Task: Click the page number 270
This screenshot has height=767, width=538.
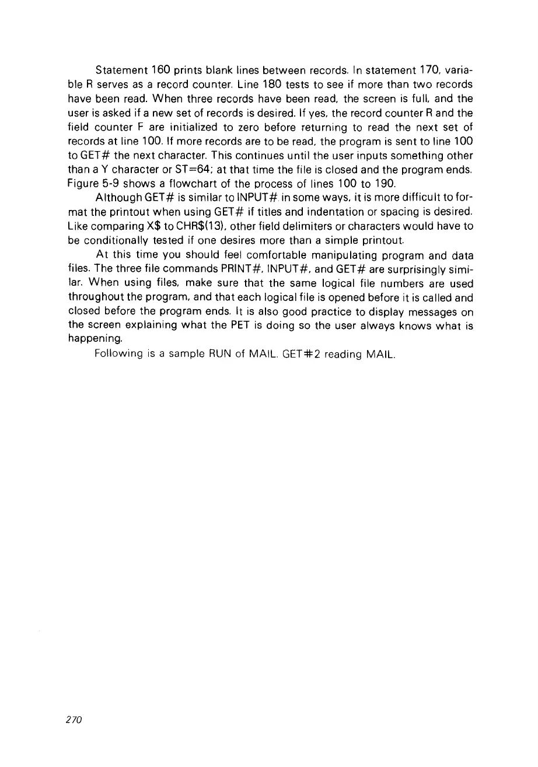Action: tap(76, 720)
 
